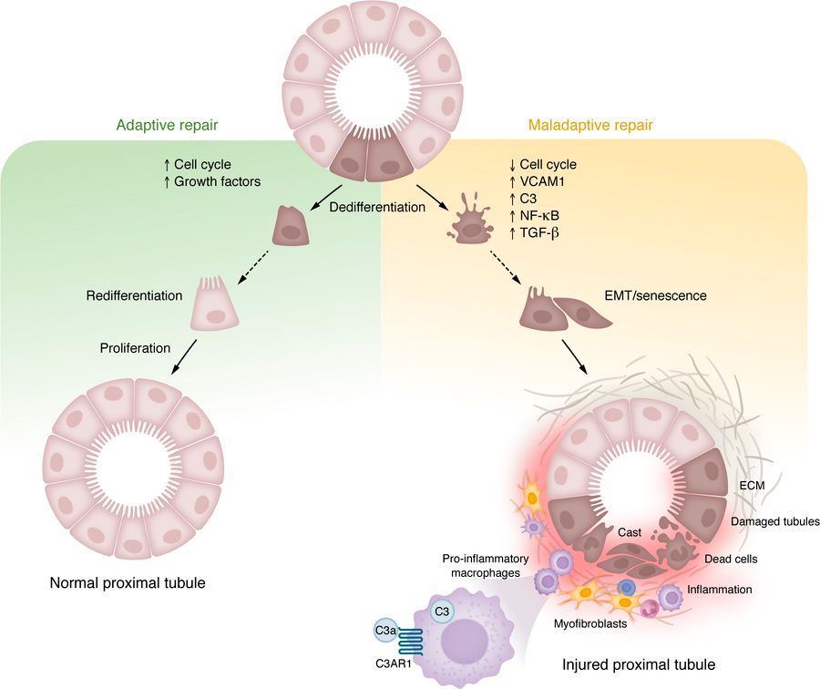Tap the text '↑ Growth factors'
211,181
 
